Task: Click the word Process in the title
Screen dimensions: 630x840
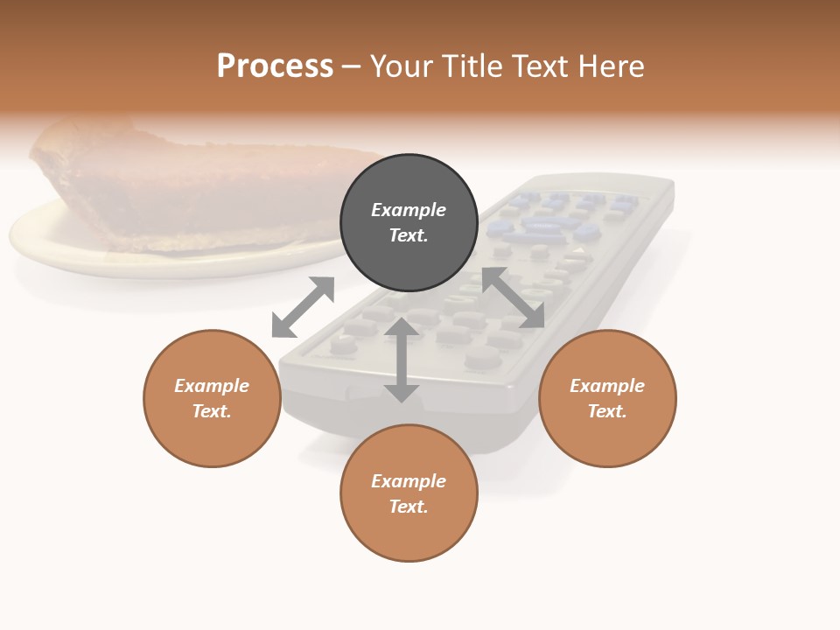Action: pyautogui.click(x=275, y=66)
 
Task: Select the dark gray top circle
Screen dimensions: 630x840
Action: pyautogui.click(x=409, y=223)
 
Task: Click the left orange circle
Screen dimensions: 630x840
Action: pyautogui.click(x=212, y=398)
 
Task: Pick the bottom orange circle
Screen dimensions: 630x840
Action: pyautogui.click(x=409, y=493)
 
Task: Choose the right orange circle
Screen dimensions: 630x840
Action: pyautogui.click(x=607, y=398)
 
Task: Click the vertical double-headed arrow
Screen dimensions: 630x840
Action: pyautogui.click(x=402, y=360)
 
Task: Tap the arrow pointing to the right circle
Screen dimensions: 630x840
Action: pyautogui.click(x=514, y=297)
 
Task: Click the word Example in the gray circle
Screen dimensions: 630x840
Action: pyautogui.click(x=409, y=210)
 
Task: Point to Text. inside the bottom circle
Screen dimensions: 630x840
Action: pyautogui.click(x=409, y=507)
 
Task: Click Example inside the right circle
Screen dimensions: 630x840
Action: pyautogui.click(x=607, y=386)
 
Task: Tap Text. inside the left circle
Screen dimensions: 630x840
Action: pyautogui.click(x=212, y=411)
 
